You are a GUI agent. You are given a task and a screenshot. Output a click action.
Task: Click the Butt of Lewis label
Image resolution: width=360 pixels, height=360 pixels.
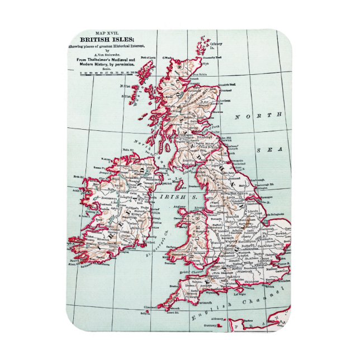pos(148,58)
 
